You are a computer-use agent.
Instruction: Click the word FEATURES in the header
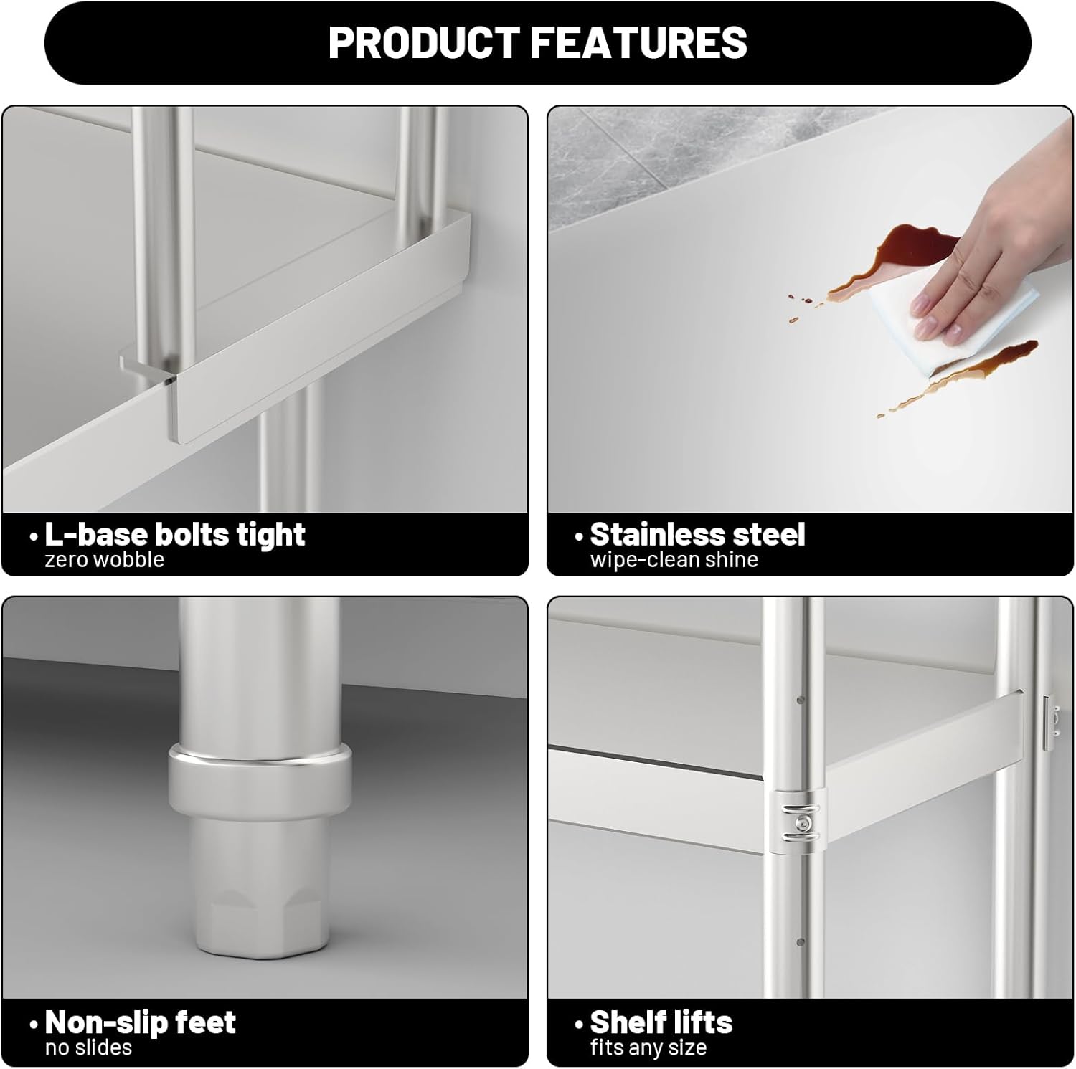click(639, 42)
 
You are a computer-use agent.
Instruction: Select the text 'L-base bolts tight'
click(175, 534)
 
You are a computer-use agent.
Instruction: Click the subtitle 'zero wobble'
click(105, 560)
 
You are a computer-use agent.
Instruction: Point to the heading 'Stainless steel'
click(697, 534)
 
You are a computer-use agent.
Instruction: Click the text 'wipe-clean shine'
click(674, 560)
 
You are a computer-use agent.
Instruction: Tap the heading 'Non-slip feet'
click(141, 1022)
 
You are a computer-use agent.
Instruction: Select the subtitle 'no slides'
click(88, 1047)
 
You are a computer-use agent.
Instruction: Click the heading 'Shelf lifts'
click(661, 1022)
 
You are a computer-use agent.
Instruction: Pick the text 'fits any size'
click(648, 1048)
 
